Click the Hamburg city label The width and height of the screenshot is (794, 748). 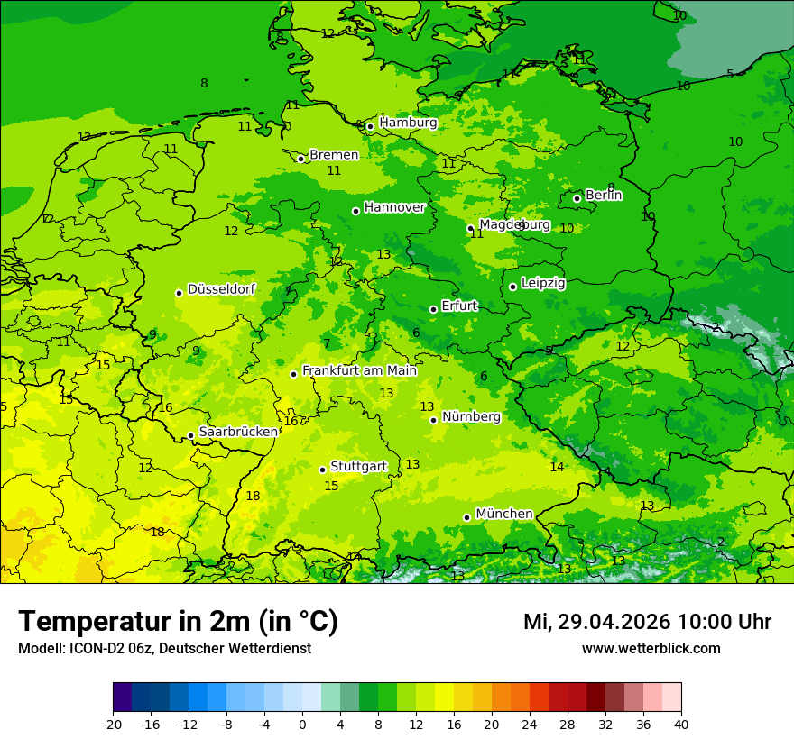[408, 123]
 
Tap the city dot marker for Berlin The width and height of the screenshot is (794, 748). [577, 198]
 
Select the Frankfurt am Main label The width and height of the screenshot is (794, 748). [359, 370]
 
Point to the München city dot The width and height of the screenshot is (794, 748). [466, 517]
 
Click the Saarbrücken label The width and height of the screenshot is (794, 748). [238, 432]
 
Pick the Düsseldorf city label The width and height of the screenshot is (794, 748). [221, 289]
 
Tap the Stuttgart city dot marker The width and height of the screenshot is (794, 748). [322, 470]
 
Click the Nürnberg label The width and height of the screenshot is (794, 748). [471, 416]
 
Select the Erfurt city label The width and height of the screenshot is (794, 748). [459, 306]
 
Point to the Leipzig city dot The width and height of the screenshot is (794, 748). [512, 287]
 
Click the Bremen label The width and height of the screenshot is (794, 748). [334, 155]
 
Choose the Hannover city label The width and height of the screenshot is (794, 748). [394, 207]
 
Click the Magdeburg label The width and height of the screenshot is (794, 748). [514, 224]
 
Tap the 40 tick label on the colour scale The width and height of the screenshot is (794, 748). [681, 724]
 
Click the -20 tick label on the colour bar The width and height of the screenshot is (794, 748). [113, 724]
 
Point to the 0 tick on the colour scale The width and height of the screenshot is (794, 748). [302, 724]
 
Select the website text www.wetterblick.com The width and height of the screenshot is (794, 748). [651, 648]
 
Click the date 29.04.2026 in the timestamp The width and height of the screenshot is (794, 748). [614, 622]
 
